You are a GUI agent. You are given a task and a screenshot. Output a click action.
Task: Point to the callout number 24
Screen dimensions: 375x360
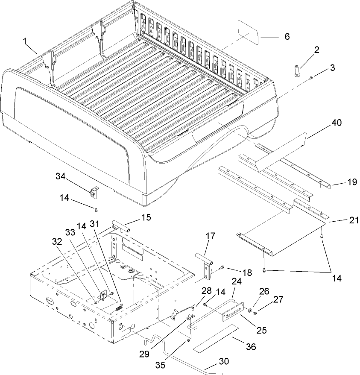point(237,281)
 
